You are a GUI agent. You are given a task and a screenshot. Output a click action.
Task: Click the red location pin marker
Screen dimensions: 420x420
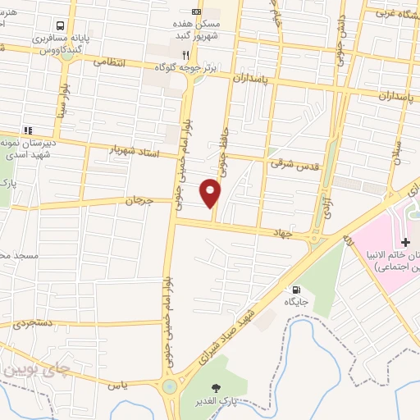212,193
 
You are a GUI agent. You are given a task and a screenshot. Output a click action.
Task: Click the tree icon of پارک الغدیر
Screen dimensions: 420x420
217,388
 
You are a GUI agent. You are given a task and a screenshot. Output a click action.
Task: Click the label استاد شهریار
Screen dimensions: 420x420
132,150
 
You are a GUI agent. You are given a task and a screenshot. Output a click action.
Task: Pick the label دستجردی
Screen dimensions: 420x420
32,323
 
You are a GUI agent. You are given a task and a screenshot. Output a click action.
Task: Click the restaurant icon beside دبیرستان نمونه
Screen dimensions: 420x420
27,130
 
